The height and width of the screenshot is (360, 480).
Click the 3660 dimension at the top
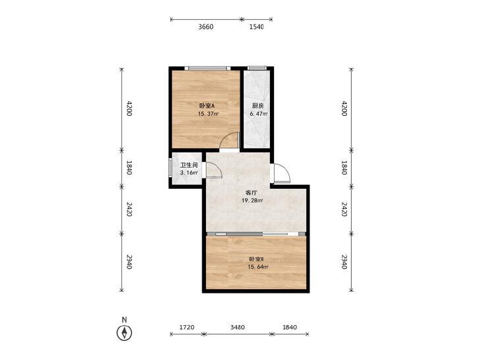(205, 27)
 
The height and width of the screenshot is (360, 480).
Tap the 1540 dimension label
(257, 27)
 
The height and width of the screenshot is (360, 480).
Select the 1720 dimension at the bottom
(187, 327)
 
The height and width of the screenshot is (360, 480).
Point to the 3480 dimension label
(237, 327)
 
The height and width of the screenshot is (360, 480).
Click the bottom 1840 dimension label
(290, 327)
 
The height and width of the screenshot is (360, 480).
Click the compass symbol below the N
(124, 333)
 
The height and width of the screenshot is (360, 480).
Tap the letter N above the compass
(124, 320)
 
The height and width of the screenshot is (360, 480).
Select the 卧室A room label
(207, 106)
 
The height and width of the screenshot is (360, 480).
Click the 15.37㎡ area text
(208, 114)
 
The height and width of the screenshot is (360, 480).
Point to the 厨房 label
(257, 106)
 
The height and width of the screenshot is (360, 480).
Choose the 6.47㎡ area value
(259, 114)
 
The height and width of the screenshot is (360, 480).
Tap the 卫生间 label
(189, 165)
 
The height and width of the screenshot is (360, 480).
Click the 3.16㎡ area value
(189, 173)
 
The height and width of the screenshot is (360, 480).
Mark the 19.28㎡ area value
(252, 201)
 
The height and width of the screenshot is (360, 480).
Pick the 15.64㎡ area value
(258, 267)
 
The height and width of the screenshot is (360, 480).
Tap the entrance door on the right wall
(281, 174)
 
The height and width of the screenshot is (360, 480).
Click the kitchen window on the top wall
(257, 68)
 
